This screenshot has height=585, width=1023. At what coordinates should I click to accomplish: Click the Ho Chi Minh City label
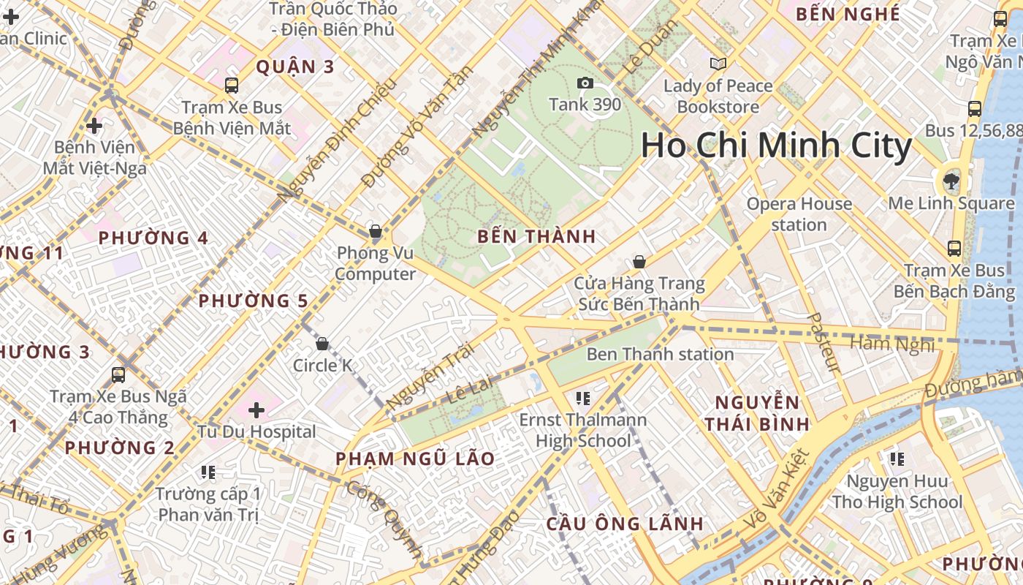[x=776, y=146]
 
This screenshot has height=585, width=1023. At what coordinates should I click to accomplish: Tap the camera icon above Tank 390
[x=585, y=83]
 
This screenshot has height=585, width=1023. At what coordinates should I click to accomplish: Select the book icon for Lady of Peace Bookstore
[x=718, y=64]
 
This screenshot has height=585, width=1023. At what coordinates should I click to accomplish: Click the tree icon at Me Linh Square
[x=951, y=181]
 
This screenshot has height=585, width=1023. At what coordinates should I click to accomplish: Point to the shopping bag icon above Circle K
[x=322, y=344]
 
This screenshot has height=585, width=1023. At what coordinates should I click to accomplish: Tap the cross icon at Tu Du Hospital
[x=256, y=409]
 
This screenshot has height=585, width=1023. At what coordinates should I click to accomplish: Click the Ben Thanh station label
[x=660, y=355]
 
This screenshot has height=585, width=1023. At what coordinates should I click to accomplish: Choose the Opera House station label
[x=799, y=214]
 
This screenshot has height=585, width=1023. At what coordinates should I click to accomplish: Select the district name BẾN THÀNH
[x=536, y=237]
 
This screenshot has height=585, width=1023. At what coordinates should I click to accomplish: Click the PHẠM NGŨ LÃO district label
[x=415, y=459]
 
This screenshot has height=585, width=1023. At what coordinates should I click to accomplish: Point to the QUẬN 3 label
[x=294, y=67]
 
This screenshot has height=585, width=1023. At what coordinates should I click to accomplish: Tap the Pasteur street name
[x=826, y=342]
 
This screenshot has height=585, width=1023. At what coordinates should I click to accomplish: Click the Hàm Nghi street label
[x=892, y=344]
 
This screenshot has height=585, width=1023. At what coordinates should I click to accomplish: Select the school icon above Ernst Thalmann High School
[x=582, y=399]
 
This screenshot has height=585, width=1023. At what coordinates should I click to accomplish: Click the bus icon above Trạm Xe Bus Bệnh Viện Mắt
[x=232, y=86]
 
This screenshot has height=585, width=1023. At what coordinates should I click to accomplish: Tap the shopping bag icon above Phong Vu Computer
[x=376, y=232]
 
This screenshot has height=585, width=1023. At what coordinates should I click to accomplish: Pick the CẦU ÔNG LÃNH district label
[x=625, y=524]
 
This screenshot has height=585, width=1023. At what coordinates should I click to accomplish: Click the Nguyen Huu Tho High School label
[x=897, y=492]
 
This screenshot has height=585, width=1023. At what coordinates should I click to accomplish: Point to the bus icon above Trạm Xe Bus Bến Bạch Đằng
[x=954, y=249]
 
